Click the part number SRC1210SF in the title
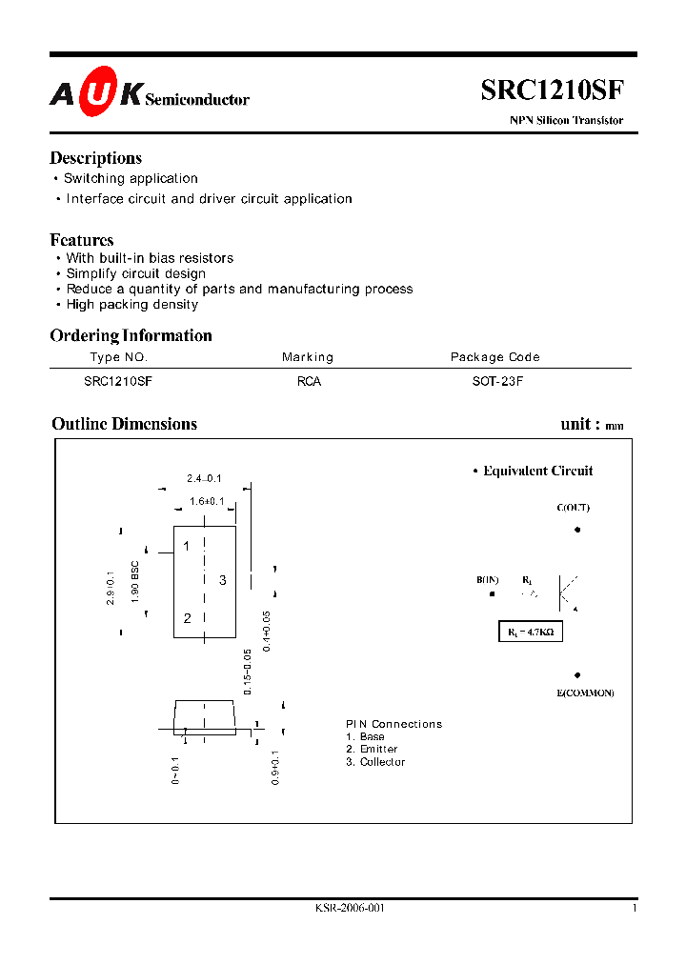pyautogui.click(x=553, y=90)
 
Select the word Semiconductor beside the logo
pyautogui.click(x=197, y=99)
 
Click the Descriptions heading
pyautogui.click(x=95, y=158)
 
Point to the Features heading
pyautogui.click(x=82, y=240)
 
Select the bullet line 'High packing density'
pyautogui.click(x=132, y=305)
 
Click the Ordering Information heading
pyautogui.click(x=131, y=335)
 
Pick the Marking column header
pyautogui.click(x=308, y=357)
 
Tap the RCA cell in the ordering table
pyautogui.click(x=310, y=381)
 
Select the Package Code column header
pyautogui.click(x=494, y=357)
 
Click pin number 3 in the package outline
pyautogui.click(x=222, y=580)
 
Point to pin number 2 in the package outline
pyautogui.click(x=188, y=618)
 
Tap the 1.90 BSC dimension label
pyautogui.click(x=136, y=582)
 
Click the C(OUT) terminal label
pyautogui.click(x=574, y=508)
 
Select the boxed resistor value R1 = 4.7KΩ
pyautogui.click(x=531, y=632)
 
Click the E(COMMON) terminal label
pyautogui.click(x=585, y=693)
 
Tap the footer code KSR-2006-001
pyautogui.click(x=350, y=909)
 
